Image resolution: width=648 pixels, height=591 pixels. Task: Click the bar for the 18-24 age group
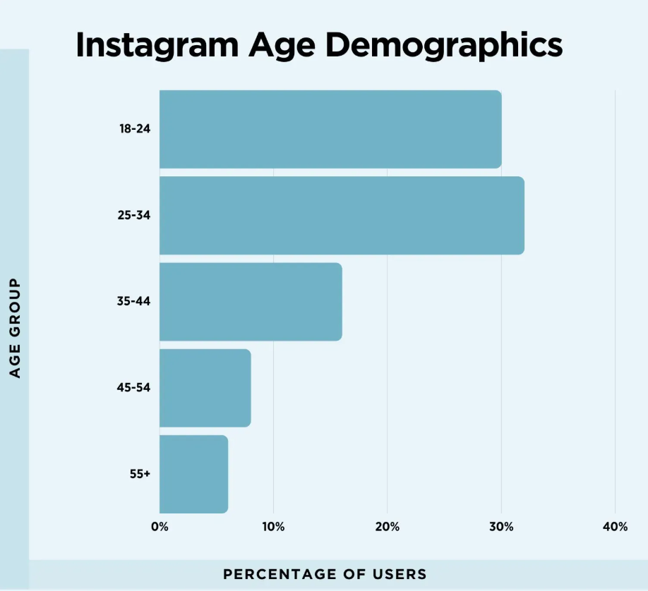tap(330, 129)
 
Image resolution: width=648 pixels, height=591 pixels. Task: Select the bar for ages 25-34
tap(342, 215)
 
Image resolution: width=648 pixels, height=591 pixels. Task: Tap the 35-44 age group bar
tap(251, 301)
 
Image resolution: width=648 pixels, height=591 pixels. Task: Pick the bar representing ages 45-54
tap(205, 387)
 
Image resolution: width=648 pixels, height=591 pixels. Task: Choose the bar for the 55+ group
tap(193, 474)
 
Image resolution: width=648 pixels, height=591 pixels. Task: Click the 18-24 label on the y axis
tap(134, 129)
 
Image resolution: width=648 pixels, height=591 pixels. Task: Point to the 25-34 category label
tap(134, 215)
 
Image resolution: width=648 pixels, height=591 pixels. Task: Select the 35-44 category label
tap(134, 301)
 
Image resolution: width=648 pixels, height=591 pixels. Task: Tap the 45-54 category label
tap(134, 387)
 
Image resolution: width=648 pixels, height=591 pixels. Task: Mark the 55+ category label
tap(140, 474)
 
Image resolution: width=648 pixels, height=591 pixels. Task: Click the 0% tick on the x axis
tap(160, 527)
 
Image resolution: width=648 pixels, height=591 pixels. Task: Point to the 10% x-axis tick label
tap(273, 527)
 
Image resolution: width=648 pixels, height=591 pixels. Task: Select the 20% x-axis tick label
tap(388, 527)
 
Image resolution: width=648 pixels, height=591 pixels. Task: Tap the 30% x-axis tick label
tap(501, 527)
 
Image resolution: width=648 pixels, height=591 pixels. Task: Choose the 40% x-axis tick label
tap(615, 527)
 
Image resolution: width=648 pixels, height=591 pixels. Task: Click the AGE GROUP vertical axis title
tap(16, 327)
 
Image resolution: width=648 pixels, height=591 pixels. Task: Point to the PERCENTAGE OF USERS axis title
tap(325, 574)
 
